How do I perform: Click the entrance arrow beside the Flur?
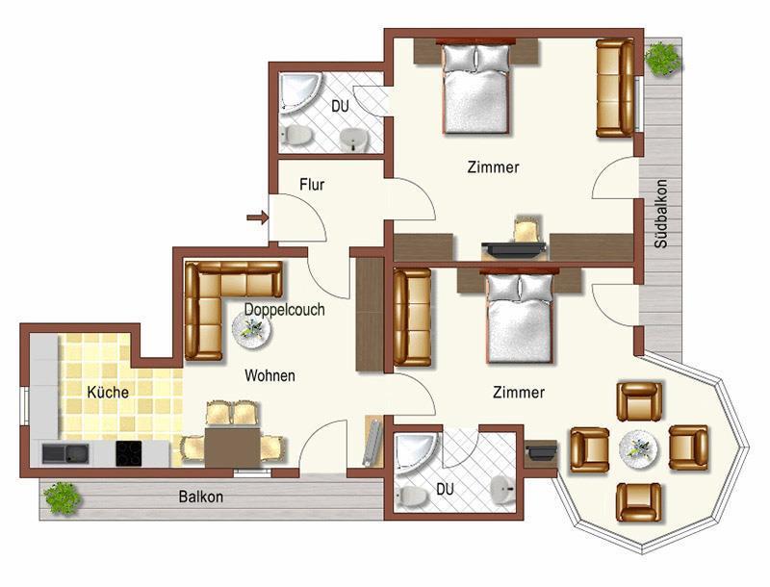(258, 217)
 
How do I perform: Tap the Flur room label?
(312, 185)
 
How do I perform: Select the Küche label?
(108, 393)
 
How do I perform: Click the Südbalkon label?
(661, 214)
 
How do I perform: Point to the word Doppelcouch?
(284, 310)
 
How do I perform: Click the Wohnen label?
(269, 376)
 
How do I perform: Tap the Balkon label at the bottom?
(201, 497)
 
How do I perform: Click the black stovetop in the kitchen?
(129, 453)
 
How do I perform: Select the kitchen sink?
(65, 453)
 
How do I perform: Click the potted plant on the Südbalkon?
(663, 58)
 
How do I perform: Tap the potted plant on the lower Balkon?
(63, 498)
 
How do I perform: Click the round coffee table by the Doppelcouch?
(252, 329)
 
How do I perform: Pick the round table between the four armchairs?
(638, 447)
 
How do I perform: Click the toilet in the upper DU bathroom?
(296, 135)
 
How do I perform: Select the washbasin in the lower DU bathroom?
(502, 490)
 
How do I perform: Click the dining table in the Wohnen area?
(232, 447)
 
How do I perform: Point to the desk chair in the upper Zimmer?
(526, 229)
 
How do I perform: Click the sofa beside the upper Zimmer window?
(615, 89)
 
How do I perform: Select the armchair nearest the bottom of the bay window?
(639, 502)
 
